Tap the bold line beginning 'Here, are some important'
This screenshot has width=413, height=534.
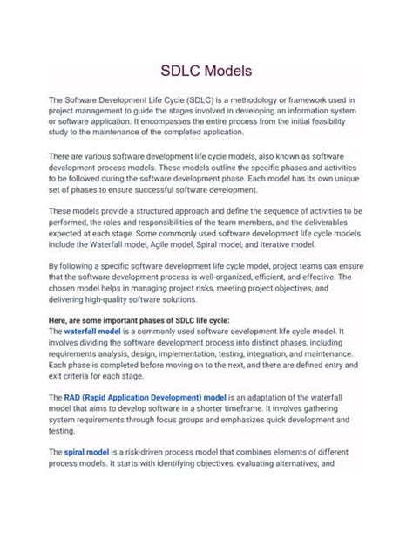pyautogui.click(x=139, y=320)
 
